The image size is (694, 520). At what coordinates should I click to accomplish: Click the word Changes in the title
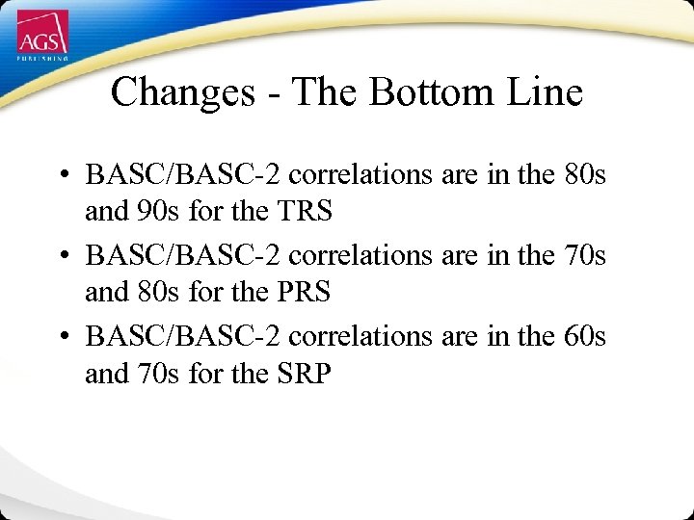point(179,93)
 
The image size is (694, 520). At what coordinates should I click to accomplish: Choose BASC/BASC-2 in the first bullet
point(183,175)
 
